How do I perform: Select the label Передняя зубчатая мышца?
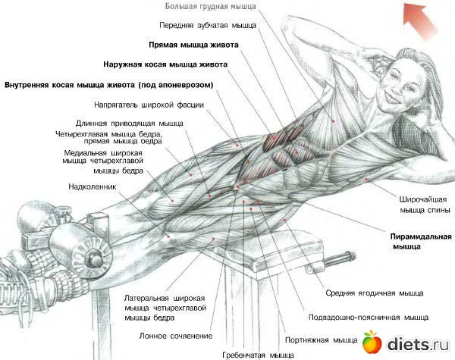pos(208,25)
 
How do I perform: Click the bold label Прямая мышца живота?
pos(194,45)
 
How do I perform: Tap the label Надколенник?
pos(92,185)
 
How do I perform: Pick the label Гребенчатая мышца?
pos(258,354)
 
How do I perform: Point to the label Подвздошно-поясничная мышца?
pos(363,317)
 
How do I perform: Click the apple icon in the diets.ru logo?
pos(371,342)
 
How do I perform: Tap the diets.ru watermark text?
pos(416,343)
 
